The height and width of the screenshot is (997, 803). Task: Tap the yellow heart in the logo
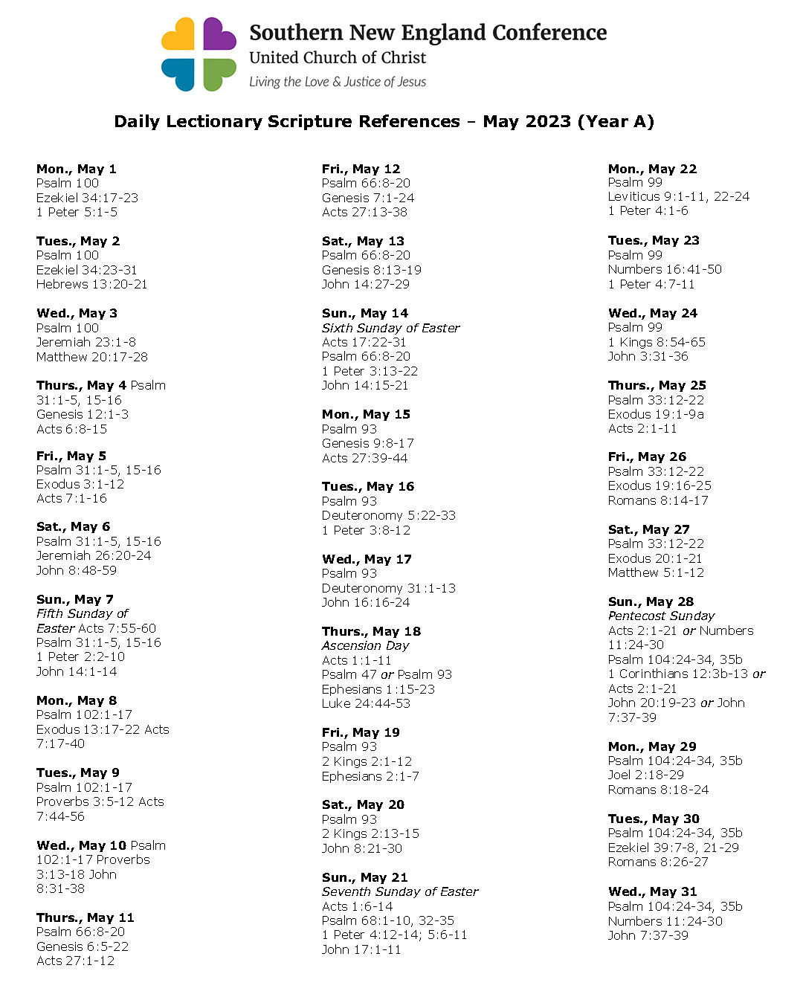(x=179, y=35)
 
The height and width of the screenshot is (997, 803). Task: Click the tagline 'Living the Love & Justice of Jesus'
(x=338, y=82)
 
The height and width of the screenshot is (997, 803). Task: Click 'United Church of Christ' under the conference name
(x=338, y=58)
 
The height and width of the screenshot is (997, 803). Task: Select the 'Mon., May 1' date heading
(x=77, y=169)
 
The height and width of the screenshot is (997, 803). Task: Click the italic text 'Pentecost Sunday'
(x=661, y=616)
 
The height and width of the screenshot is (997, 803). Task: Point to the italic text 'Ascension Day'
(x=365, y=645)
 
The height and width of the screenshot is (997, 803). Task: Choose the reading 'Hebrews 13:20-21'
(x=91, y=284)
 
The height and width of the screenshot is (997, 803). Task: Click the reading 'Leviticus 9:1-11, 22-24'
(x=679, y=196)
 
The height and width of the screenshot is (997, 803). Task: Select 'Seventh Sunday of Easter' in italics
(x=400, y=891)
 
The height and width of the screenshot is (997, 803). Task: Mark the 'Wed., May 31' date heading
(x=652, y=891)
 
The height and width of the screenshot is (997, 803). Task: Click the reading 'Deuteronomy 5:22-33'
(x=389, y=515)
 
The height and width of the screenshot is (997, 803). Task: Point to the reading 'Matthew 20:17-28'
(x=92, y=357)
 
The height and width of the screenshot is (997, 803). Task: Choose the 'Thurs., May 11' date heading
(x=86, y=917)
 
